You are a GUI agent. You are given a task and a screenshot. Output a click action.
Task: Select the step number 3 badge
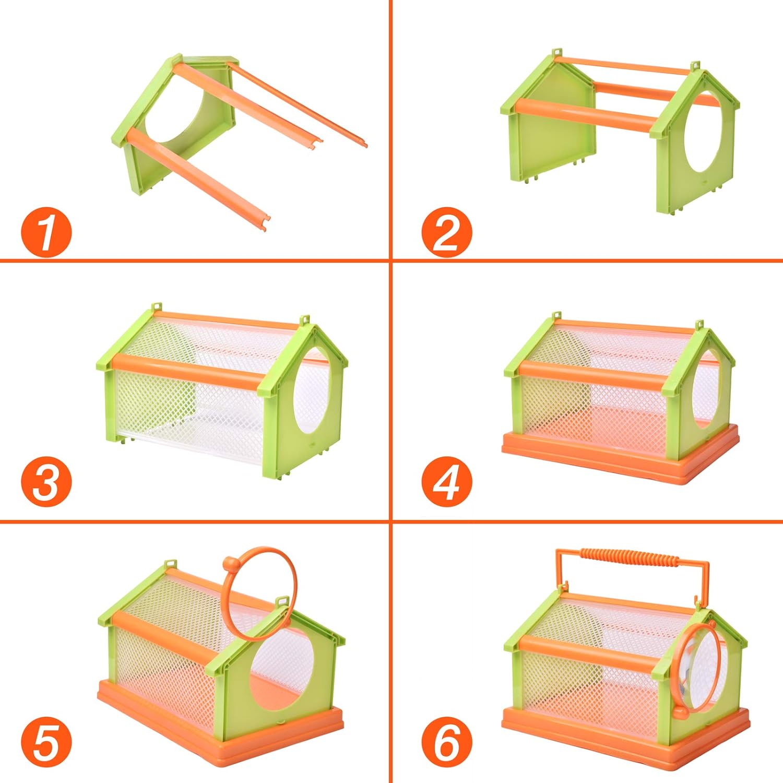coord(46,481)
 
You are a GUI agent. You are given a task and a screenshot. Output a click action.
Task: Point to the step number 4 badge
coord(446,481)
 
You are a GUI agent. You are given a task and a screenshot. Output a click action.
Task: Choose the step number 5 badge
coord(46,742)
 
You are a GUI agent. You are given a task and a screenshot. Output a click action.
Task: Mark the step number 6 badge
coord(446,742)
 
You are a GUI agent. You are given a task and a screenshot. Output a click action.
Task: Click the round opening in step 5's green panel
coord(282,673)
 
